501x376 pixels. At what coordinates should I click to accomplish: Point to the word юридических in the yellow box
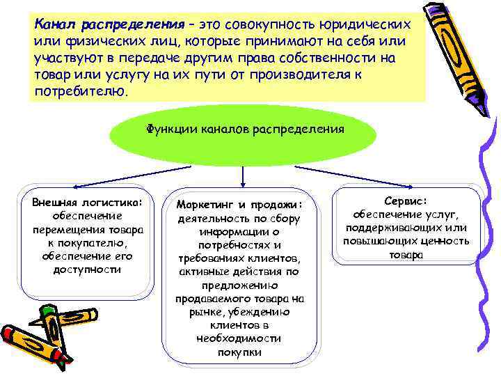click(363, 25)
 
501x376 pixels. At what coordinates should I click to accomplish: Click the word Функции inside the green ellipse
click(168, 129)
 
